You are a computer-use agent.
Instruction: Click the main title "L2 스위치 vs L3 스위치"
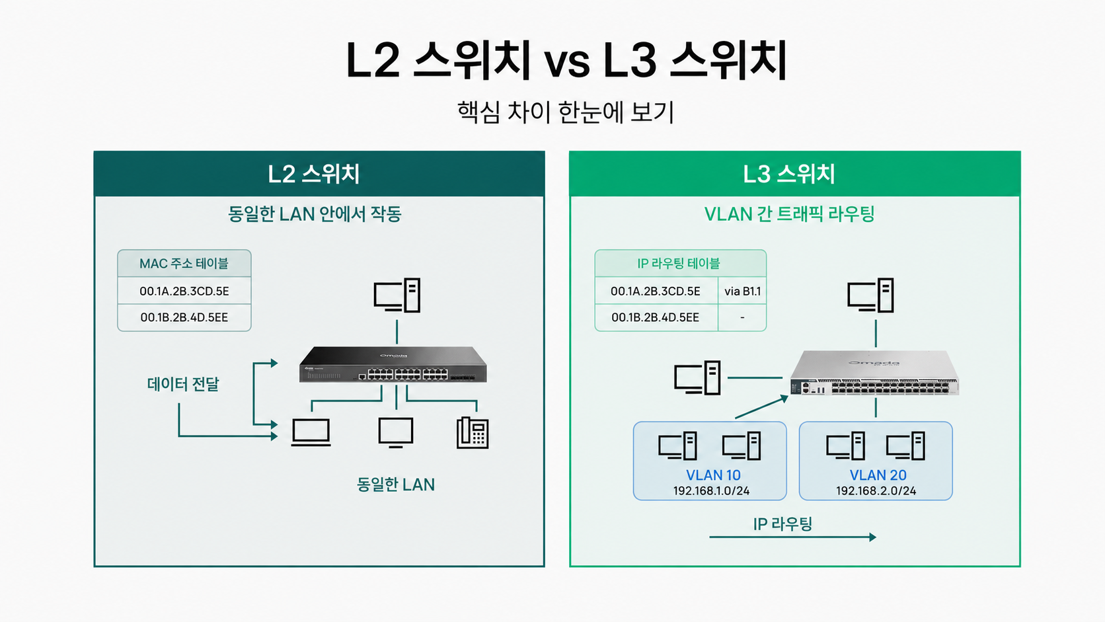[566, 61]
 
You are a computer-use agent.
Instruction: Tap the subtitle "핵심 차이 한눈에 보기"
[566, 112]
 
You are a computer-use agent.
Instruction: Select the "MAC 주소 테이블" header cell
[184, 263]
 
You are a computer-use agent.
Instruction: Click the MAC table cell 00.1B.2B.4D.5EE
[184, 317]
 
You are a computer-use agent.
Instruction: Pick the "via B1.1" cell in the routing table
[742, 291]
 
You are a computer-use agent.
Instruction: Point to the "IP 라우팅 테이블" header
[679, 263]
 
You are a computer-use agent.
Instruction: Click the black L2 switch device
[393, 364]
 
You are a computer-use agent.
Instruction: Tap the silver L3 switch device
[874, 372]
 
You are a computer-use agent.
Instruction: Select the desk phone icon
[473, 432]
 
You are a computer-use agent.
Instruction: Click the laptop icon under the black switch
[311, 432]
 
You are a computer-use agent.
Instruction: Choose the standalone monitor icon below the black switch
[396, 432]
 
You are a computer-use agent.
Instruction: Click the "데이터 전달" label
[183, 384]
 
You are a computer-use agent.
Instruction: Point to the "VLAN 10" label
[713, 475]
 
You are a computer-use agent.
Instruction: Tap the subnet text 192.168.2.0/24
[876, 491]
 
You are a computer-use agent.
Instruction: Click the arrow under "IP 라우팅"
[793, 537]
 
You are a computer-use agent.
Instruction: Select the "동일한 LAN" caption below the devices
[396, 485]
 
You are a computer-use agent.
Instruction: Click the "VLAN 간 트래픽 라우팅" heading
[789, 214]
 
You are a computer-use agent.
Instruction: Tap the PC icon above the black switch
[397, 295]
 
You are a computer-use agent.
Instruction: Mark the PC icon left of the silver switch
[697, 378]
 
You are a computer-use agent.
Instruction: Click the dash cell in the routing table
[742, 318]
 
